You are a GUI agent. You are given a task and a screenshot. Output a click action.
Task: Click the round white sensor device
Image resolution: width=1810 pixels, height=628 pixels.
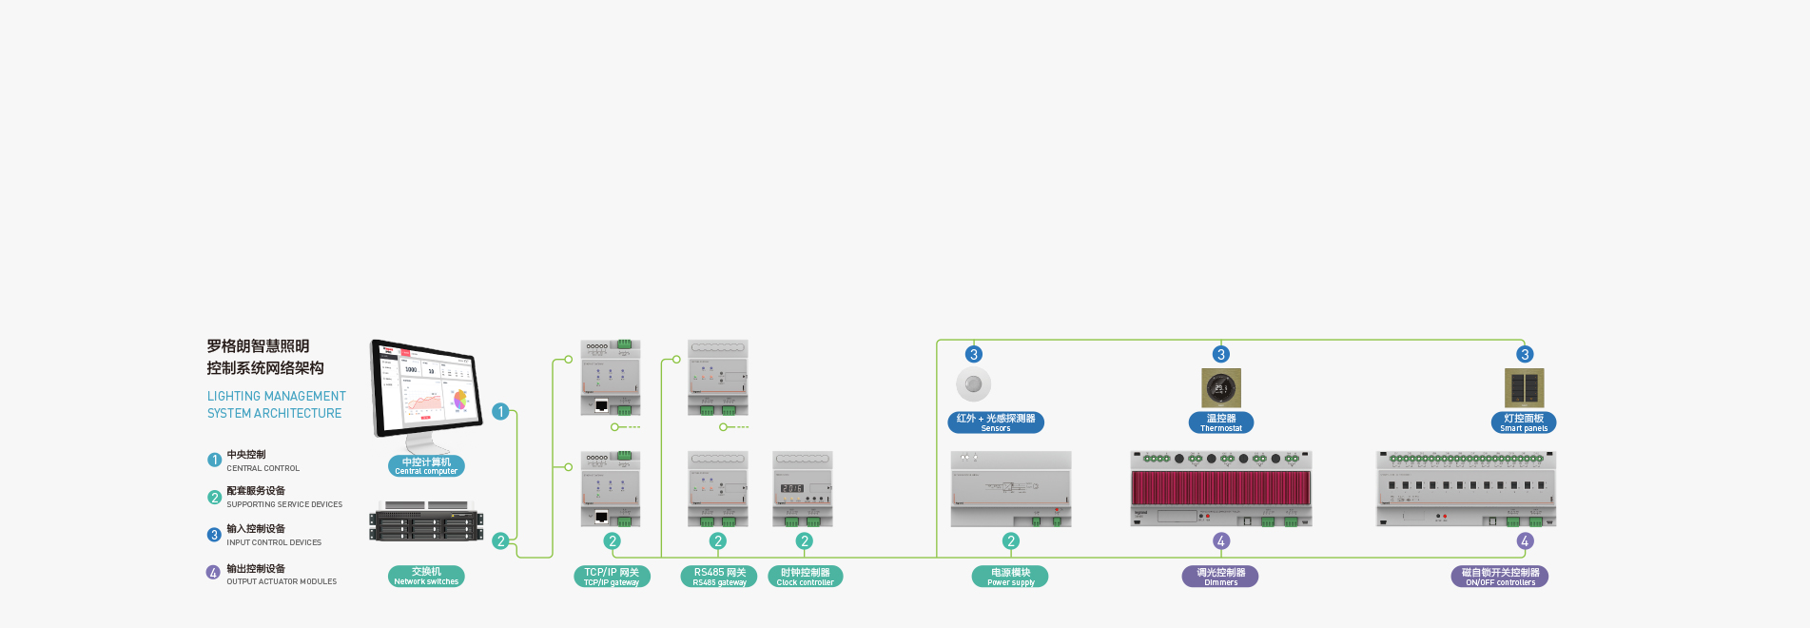pos(973,384)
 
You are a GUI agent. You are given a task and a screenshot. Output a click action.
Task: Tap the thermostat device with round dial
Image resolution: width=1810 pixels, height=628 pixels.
pos(1221,388)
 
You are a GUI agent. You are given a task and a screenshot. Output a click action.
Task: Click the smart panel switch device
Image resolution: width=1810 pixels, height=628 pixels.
pos(1524,388)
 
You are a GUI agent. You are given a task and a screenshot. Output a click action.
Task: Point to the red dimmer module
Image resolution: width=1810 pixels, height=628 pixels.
pos(1221,488)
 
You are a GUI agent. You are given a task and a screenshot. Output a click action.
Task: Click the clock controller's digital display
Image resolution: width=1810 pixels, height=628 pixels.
pos(792,488)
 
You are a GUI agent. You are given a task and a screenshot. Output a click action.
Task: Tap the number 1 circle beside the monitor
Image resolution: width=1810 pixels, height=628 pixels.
pos(500,412)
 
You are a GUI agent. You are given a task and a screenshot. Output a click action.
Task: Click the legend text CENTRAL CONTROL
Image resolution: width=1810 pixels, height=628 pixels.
pos(263,468)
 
